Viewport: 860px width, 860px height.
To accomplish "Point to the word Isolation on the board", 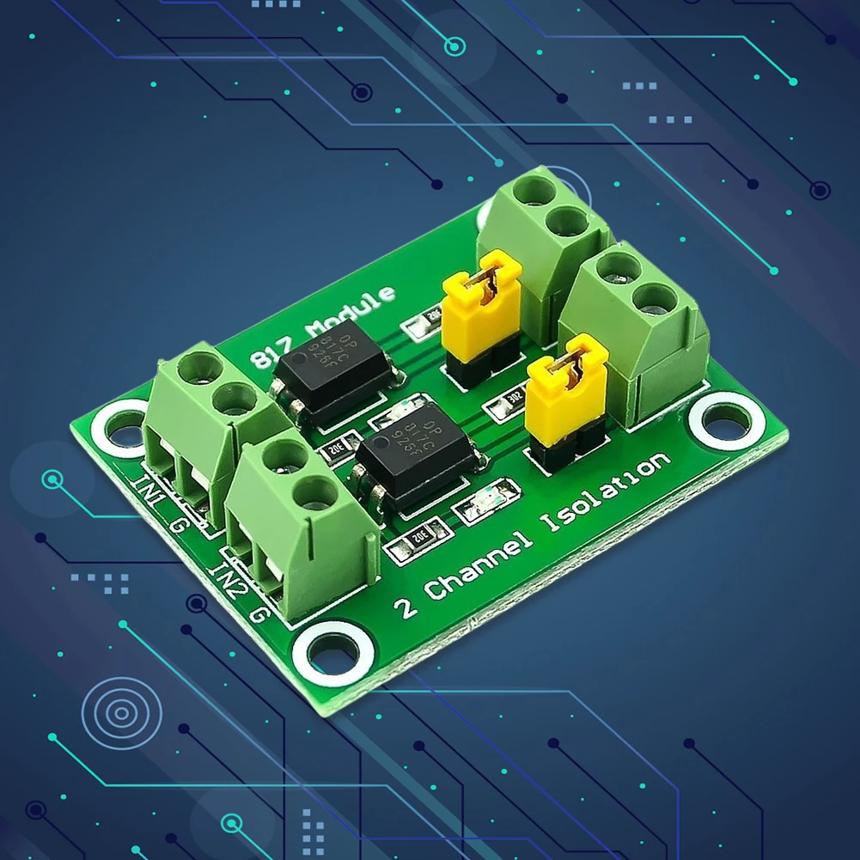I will pyautogui.click(x=604, y=497).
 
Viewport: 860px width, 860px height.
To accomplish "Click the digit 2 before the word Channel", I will pyautogui.click(x=406, y=607).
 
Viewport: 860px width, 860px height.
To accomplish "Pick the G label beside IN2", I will pyautogui.click(x=260, y=613).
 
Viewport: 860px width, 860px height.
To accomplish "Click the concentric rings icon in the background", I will pyautogui.click(x=121, y=712).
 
